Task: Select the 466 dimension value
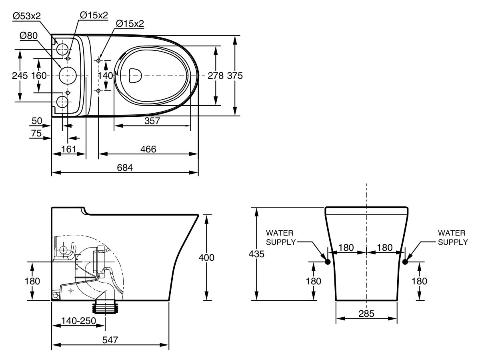pos(148,149)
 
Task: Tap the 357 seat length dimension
pos(152,121)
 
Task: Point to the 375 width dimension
pos(235,76)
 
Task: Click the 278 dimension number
pos(216,76)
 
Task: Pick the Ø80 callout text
pos(28,35)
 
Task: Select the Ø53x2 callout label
pos(27,16)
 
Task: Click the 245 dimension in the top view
pos(20,76)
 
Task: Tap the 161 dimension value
pos(69,149)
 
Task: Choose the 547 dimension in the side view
pos(110,340)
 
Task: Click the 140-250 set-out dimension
pos(78,321)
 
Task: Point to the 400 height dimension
pos(206,258)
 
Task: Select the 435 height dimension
pos(256,254)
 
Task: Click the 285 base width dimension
pos(366,314)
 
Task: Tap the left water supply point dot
pos(328,262)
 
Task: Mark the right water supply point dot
pos(405,262)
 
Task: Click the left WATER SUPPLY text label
pos(280,237)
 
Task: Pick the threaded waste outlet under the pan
pos(106,308)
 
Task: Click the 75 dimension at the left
pos(36,134)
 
